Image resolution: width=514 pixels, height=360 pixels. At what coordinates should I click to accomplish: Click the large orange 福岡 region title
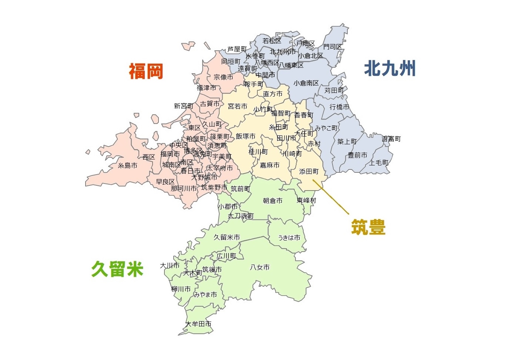146,71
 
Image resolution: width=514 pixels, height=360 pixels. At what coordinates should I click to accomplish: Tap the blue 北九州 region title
390,69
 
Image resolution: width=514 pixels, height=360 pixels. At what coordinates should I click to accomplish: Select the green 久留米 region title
117,269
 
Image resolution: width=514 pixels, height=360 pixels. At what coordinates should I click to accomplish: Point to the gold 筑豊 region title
368,227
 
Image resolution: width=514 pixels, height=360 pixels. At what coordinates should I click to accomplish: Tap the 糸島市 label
127,165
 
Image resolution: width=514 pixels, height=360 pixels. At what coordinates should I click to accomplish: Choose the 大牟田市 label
198,324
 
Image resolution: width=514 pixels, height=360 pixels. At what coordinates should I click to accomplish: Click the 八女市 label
260,267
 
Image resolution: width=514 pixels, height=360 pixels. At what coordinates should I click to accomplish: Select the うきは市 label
289,238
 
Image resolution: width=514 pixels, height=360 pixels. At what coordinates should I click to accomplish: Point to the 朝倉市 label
273,201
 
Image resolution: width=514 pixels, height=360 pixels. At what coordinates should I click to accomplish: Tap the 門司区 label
333,47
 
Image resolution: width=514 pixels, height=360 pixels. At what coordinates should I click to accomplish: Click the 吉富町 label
391,139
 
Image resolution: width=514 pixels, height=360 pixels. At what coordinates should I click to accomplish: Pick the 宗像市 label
223,77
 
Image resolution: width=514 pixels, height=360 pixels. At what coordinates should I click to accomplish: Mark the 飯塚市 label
246,136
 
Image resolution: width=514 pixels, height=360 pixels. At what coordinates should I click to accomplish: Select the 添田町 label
308,171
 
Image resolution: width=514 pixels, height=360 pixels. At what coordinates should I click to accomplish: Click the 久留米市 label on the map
227,237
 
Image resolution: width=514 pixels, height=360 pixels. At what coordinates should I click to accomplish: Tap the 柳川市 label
181,289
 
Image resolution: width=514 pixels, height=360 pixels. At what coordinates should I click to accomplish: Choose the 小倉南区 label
306,83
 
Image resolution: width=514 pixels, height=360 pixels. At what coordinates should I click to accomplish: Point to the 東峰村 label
306,200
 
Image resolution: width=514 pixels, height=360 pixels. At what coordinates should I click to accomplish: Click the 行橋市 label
339,107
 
